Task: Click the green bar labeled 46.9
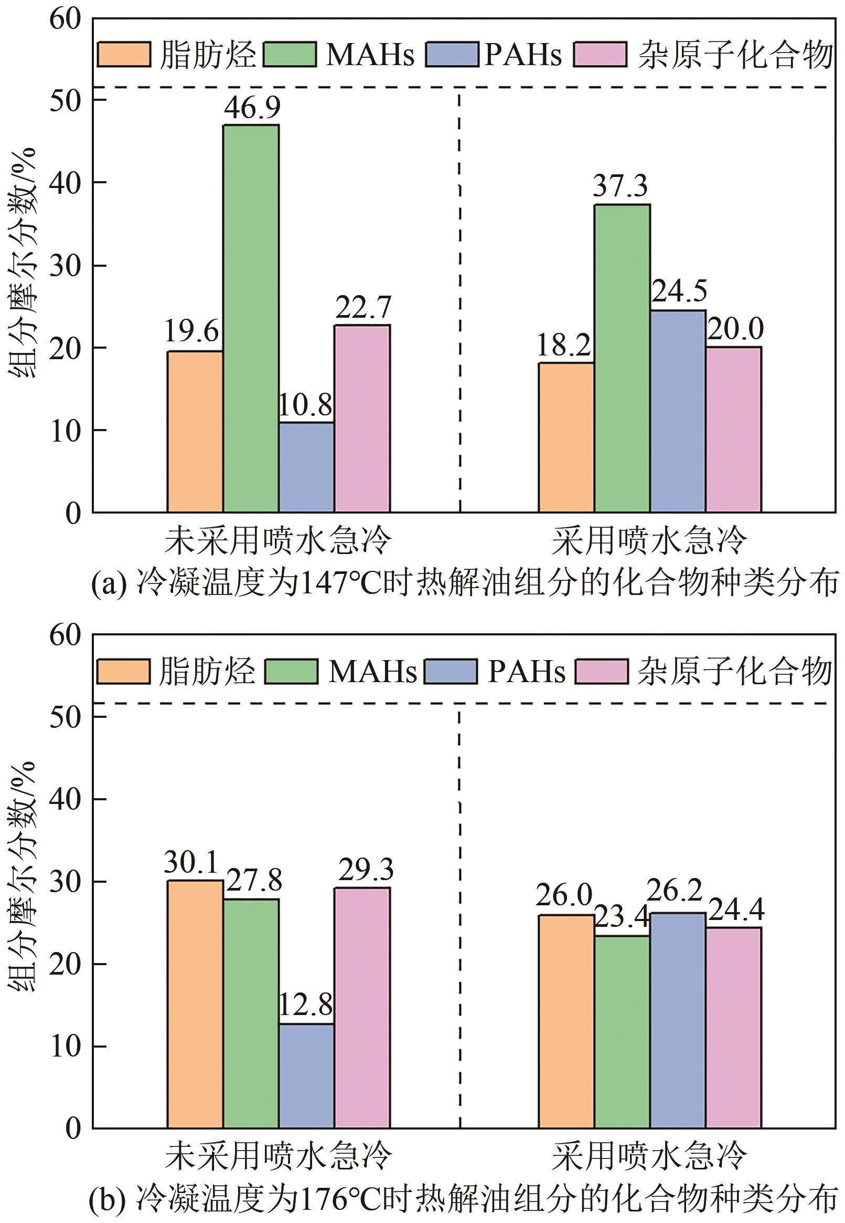tap(251, 318)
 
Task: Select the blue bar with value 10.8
tap(306, 467)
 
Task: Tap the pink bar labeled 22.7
tap(362, 419)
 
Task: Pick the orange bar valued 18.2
tap(566, 437)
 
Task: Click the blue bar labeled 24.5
tap(678, 411)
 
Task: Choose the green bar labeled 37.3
tap(622, 358)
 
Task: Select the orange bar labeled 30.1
tap(195, 1004)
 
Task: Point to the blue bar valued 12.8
tap(306, 1075)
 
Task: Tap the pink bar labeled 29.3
tap(362, 1007)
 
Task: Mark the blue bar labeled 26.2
tap(678, 1020)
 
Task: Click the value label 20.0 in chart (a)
tap(735, 330)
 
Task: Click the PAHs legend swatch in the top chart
tap(452, 55)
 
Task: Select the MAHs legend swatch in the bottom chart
tap(291, 672)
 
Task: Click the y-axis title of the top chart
tap(22, 263)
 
